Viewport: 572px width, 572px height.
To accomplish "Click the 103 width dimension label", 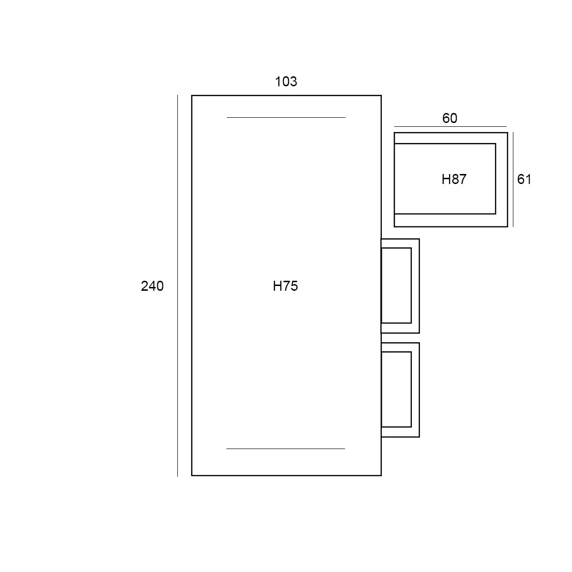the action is point(286,82).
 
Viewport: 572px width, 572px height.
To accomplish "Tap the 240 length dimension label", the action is point(152,286).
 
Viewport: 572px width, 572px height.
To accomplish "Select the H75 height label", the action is point(285,286).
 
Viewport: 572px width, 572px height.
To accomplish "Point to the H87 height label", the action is point(454,179).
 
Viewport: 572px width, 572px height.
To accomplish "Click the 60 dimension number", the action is point(449,118).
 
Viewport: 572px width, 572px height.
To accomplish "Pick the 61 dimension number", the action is point(524,179).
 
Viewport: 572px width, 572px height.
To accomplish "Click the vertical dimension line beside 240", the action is point(177,286).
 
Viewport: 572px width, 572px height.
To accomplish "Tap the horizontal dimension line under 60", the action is point(450,127).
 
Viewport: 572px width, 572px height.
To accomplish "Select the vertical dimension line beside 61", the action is point(513,180).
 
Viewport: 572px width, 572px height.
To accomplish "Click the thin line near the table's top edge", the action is point(286,118).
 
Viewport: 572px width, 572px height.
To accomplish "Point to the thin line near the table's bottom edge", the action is point(286,449).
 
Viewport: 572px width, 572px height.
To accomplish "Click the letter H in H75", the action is point(277,286).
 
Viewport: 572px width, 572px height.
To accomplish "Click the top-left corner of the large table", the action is point(192,96).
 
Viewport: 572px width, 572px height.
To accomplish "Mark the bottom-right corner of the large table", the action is point(381,476).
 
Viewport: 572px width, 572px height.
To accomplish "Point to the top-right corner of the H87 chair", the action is point(507,133).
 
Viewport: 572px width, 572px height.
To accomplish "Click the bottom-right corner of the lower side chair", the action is point(419,437).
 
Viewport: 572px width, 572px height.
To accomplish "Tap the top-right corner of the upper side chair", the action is point(419,239).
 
